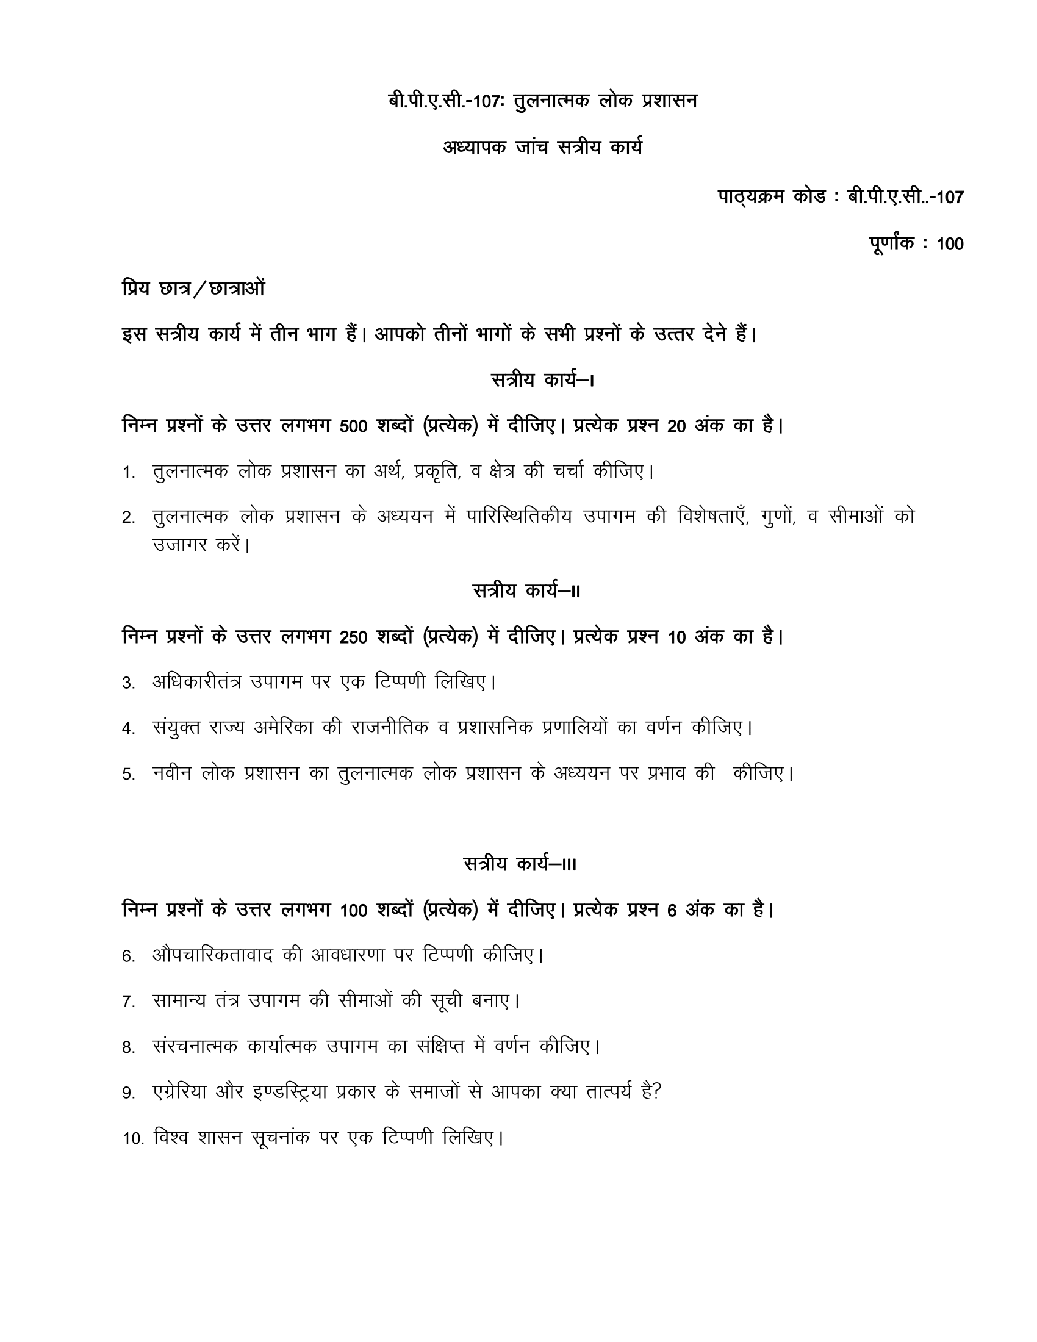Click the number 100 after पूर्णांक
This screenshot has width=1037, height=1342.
tap(950, 245)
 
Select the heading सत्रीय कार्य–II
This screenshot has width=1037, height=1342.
tap(526, 591)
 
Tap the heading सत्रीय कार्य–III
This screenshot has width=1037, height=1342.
tap(520, 864)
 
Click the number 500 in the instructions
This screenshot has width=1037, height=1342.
tap(353, 426)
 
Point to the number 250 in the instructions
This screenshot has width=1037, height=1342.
tap(353, 638)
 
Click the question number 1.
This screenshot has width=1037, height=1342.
tap(127, 473)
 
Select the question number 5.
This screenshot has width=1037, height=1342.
tap(127, 775)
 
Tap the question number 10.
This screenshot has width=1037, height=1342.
tap(133, 1139)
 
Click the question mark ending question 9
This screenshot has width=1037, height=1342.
tap(657, 1092)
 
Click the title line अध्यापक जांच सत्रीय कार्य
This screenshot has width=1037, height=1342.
tap(542, 148)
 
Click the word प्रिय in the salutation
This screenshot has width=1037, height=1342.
tap(137, 287)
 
